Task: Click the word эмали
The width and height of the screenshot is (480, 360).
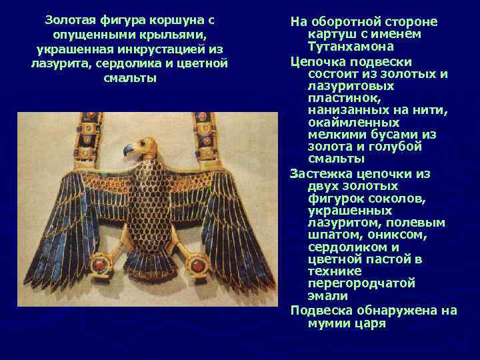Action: click(327, 295)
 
